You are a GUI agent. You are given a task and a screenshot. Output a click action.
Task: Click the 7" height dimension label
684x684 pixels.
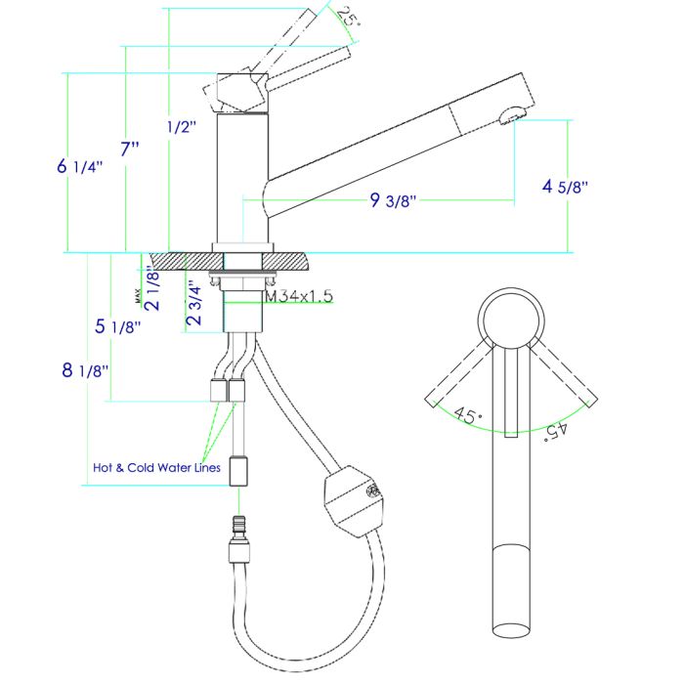click(x=131, y=150)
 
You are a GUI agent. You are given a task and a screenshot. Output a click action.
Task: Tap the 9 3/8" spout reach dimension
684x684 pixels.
click(x=394, y=201)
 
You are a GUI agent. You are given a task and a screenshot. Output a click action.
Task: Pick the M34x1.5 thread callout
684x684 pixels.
click(x=300, y=295)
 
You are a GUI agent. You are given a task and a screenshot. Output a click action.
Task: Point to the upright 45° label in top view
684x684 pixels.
click(x=468, y=415)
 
